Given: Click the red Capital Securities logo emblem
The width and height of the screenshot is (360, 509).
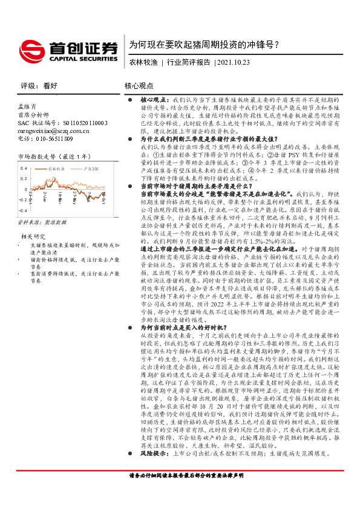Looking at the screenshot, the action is (x=30, y=48).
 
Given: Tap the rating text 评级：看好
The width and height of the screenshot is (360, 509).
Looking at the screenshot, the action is (x=34, y=86).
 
